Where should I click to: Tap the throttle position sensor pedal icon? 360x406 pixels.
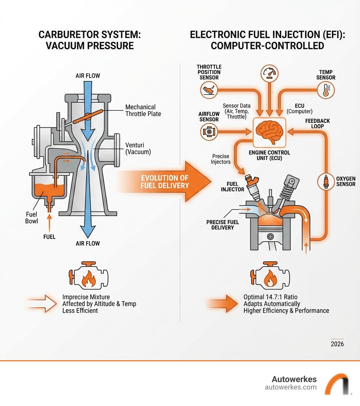(x=209, y=90)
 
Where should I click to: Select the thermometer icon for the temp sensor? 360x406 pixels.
(x=326, y=90)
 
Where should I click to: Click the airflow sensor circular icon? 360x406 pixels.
(x=209, y=132)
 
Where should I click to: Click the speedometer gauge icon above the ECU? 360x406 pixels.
(x=269, y=73)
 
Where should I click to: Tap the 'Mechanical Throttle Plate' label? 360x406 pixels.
(x=143, y=110)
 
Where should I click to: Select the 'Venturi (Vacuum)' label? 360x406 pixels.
(x=138, y=149)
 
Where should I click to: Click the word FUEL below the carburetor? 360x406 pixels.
(x=49, y=237)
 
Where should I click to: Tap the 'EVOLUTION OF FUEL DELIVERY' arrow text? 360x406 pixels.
(x=165, y=182)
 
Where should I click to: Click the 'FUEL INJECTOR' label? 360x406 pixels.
(x=232, y=186)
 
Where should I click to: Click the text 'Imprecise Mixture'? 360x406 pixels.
(x=86, y=297)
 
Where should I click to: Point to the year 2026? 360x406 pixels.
(x=337, y=344)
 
